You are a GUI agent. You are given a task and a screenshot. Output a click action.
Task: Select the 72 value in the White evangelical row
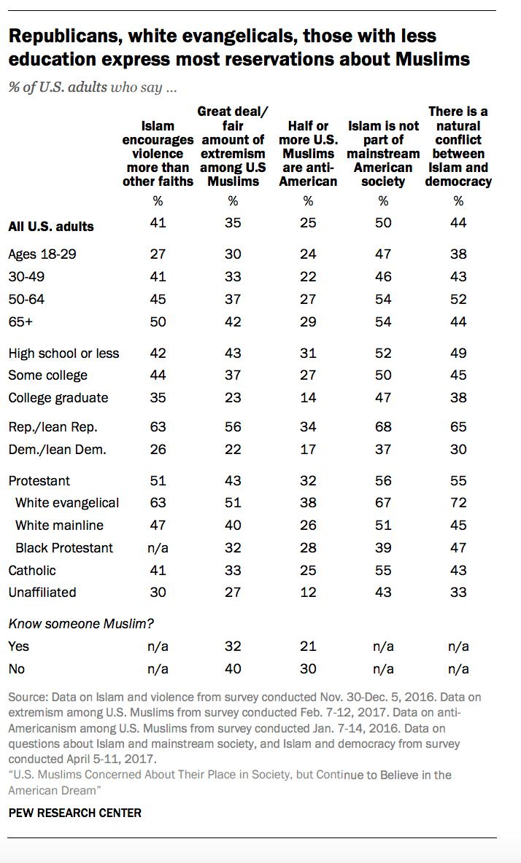point(458,502)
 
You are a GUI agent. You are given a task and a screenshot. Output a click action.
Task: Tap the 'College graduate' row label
point(58,398)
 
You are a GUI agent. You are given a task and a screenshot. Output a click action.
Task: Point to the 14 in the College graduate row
point(308,397)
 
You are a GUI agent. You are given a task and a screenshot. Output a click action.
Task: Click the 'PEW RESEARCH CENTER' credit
point(75,813)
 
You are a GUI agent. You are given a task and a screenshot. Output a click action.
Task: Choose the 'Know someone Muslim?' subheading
point(81,624)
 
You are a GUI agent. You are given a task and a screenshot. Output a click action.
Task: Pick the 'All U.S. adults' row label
point(51,226)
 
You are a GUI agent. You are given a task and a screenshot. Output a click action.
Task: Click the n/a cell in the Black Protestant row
point(158,547)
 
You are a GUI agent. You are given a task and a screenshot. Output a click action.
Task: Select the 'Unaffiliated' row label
point(42,592)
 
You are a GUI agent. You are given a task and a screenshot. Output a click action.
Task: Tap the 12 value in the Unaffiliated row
point(308,592)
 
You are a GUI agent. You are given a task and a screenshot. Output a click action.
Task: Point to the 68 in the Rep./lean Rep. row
point(383,426)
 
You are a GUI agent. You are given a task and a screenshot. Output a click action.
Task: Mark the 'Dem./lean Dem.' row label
point(57,450)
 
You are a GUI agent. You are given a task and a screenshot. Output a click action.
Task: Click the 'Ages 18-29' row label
point(42,254)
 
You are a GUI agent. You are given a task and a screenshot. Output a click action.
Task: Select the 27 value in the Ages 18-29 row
point(158,254)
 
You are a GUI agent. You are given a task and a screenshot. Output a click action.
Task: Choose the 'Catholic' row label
point(32,570)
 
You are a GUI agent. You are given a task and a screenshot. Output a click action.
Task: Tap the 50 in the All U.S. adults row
point(383,222)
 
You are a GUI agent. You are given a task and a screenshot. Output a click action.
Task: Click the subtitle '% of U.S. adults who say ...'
point(93,87)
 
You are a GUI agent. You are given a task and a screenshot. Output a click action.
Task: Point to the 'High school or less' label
point(64,354)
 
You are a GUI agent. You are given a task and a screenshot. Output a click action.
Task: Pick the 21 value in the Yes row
point(308,646)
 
